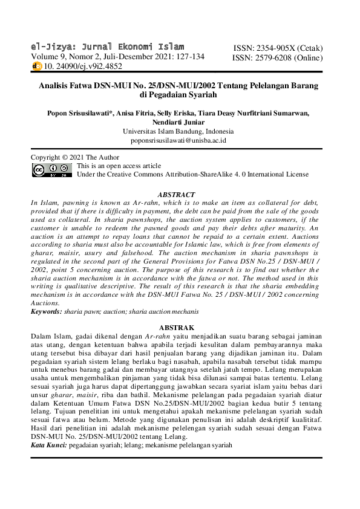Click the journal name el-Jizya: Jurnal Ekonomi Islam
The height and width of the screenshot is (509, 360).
tap(108, 47)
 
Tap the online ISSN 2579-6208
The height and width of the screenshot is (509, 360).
tap(278, 58)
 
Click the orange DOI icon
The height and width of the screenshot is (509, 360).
tap(37, 66)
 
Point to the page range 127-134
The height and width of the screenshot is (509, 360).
tap(188, 57)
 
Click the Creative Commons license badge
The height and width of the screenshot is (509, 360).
tap(51, 170)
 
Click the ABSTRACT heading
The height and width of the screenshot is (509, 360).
tap(176, 195)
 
